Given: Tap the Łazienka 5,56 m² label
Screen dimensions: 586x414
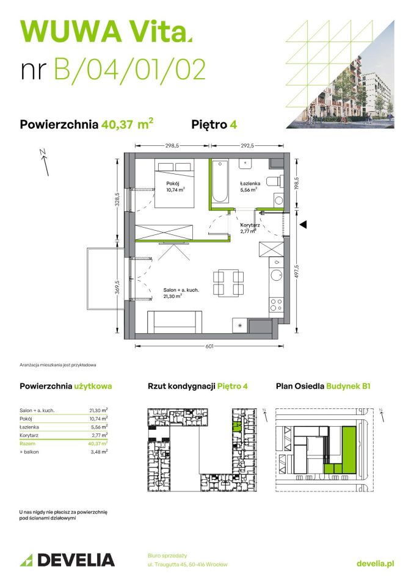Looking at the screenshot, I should click(x=250, y=186).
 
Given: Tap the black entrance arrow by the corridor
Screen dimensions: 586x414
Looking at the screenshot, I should click(x=303, y=224).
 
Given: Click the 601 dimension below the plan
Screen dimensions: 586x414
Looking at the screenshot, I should click(x=209, y=347).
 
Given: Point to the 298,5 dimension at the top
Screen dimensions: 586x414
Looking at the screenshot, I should click(x=173, y=146).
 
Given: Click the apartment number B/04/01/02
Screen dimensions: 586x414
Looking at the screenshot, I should click(x=129, y=69).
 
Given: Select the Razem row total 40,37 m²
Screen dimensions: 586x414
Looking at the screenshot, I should click(x=97, y=444).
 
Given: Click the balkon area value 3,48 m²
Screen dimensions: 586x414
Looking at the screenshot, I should click(x=98, y=452).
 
